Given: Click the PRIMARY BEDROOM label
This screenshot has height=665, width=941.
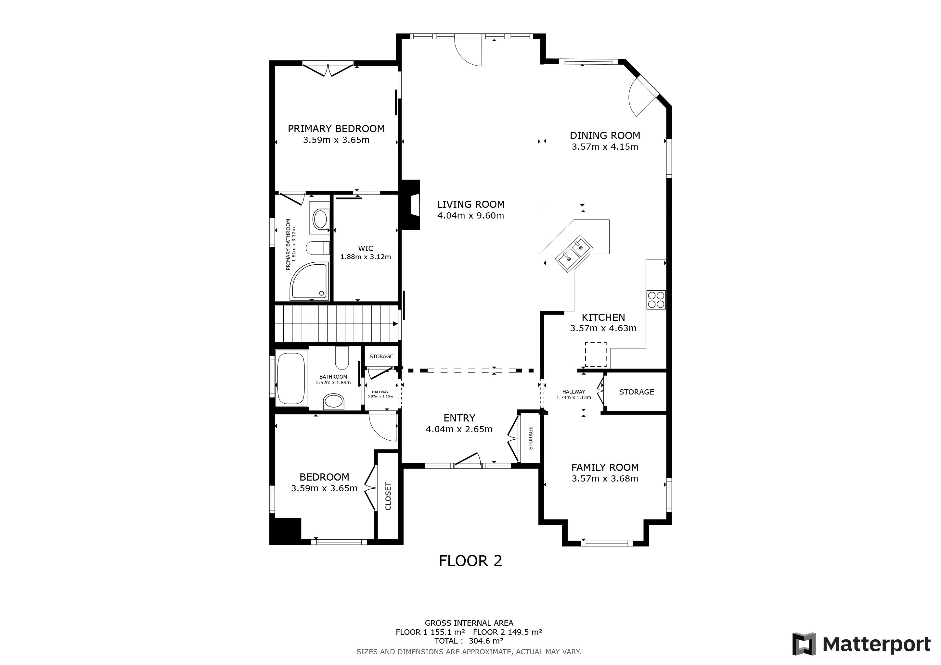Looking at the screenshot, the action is point(336,129).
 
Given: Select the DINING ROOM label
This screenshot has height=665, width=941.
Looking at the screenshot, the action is point(605,135).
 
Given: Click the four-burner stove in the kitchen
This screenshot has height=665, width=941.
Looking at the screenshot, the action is point(656,300).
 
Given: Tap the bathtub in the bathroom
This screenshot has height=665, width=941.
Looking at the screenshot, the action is point(291,378).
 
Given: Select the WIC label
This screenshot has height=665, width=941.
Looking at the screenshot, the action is point(366,248).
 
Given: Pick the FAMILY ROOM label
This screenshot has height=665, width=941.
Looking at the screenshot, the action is point(605,468).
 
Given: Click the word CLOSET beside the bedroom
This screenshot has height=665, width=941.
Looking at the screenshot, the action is point(388,496).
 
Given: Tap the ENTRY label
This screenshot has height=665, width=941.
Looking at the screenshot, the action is point(459,418).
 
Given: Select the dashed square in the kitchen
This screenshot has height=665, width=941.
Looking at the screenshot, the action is point(596,355).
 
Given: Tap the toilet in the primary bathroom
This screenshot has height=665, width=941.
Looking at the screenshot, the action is point(318,248).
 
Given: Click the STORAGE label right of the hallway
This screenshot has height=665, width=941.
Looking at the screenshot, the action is point(637,392).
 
